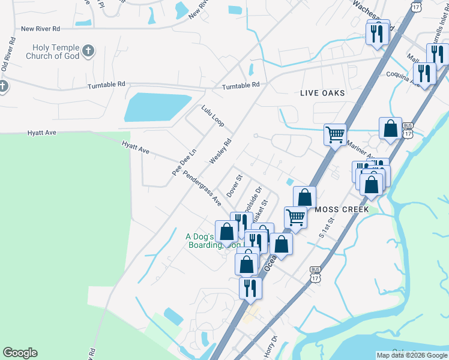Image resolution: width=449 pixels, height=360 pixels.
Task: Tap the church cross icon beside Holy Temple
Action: point(88,50)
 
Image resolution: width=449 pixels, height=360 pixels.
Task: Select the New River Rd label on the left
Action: point(40,28)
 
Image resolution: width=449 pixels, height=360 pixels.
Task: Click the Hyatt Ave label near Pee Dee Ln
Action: point(135,147)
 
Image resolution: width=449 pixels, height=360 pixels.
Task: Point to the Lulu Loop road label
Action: point(212,116)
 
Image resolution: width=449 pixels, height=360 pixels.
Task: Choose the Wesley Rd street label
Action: point(220,152)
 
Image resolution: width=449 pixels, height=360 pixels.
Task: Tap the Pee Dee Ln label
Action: point(184,162)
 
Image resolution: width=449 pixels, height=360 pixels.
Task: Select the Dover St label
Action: point(234,186)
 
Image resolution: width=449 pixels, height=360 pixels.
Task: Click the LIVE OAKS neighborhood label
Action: point(323,93)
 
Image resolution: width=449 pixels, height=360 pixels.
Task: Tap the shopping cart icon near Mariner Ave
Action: point(335,134)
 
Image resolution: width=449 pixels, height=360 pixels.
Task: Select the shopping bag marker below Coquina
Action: point(390,128)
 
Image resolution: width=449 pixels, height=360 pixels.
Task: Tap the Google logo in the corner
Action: point(20,353)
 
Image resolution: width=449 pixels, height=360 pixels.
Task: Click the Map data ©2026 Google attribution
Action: point(412,355)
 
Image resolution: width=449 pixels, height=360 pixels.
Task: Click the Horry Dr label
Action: point(268,346)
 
